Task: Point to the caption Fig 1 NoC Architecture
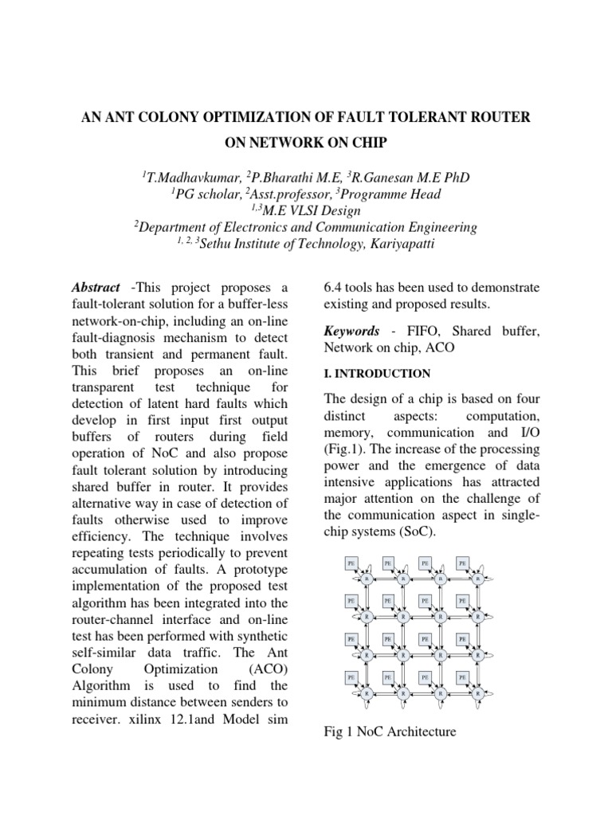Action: [x=390, y=731]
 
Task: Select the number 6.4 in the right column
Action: [x=334, y=287]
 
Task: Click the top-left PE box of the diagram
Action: [x=351, y=563]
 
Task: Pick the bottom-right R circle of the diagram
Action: [x=478, y=693]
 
